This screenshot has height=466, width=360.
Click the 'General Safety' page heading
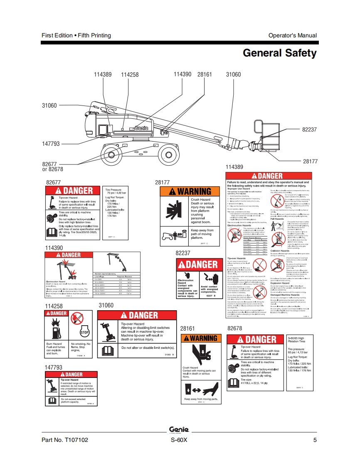pyautogui.click(x=279, y=53)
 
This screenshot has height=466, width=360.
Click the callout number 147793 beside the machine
pyautogui.click(x=51, y=144)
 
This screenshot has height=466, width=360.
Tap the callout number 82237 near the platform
pyautogui.click(x=309, y=130)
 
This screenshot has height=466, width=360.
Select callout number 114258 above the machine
pyautogui.click(x=130, y=74)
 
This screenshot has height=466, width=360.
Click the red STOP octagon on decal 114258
pyautogui.click(x=84, y=333)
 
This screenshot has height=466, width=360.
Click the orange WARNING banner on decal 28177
pyautogui.click(x=192, y=191)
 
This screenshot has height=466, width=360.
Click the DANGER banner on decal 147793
pyautogui.click(x=71, y=375)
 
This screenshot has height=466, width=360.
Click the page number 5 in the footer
pyautogui.click(x=315, y=440)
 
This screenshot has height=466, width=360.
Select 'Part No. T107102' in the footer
pyautogui.click(x=65, y=440)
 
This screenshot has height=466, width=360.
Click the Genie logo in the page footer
pyautogui.click(x=179, y=429)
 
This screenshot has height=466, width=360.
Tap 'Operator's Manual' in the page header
pyautogui.click(x=292, y=35)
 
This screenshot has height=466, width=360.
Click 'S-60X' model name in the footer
pyautogui.click(x=179, y=440)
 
